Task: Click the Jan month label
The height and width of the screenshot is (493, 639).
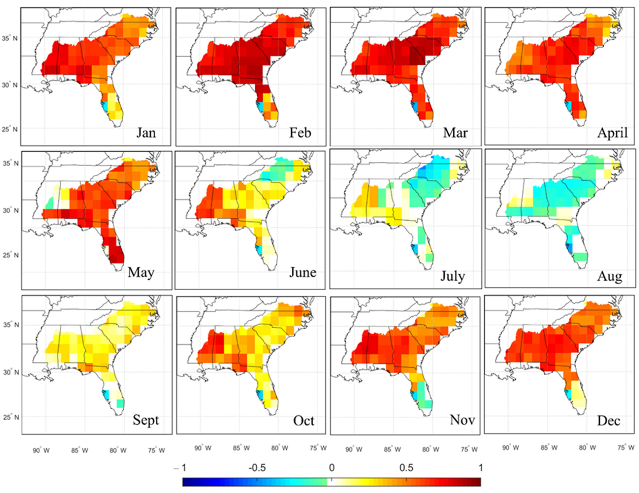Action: [x=146, y=133]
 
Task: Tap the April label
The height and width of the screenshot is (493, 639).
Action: [x=612, y=133]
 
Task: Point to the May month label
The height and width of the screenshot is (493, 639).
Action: [x=141, y=273]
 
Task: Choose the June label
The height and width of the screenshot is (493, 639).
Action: [x=303, y=273]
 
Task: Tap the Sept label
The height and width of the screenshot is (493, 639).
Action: [x=146, y=420]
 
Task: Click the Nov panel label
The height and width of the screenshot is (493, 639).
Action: [x=462, y=420]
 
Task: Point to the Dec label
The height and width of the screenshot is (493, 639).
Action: [x=609, y=421]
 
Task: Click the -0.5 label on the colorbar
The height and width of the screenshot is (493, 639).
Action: [x=257, y=468]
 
